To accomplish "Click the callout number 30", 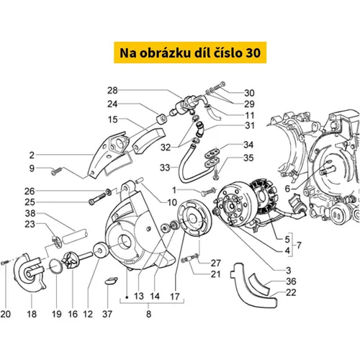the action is [x=249, y=93].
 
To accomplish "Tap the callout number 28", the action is [x=112, y=91].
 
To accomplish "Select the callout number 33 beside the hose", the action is [x=165, y=168].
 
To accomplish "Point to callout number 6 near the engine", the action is [x=287, y=189].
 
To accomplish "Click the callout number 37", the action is [x=107, y=314].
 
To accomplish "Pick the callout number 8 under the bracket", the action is [x=148, y=314].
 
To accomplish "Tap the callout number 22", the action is [x=291, y=292].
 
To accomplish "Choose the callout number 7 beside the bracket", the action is [x=299, y=246].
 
